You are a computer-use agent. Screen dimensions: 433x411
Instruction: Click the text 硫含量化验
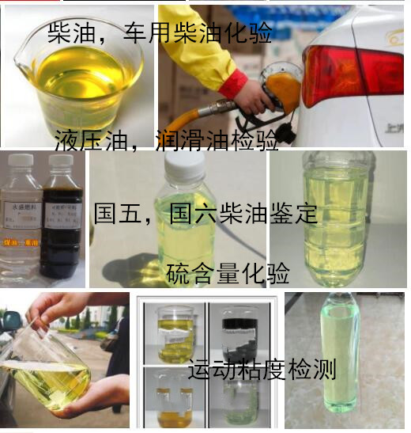coord(228,273)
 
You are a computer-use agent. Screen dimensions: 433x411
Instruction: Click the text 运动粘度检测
coord(262,369)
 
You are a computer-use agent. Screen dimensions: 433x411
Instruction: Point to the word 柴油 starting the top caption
coord(68,33)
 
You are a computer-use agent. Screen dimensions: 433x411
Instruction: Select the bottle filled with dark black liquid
coord(62,226)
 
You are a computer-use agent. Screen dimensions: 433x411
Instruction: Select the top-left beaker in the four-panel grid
coord(175,333)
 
